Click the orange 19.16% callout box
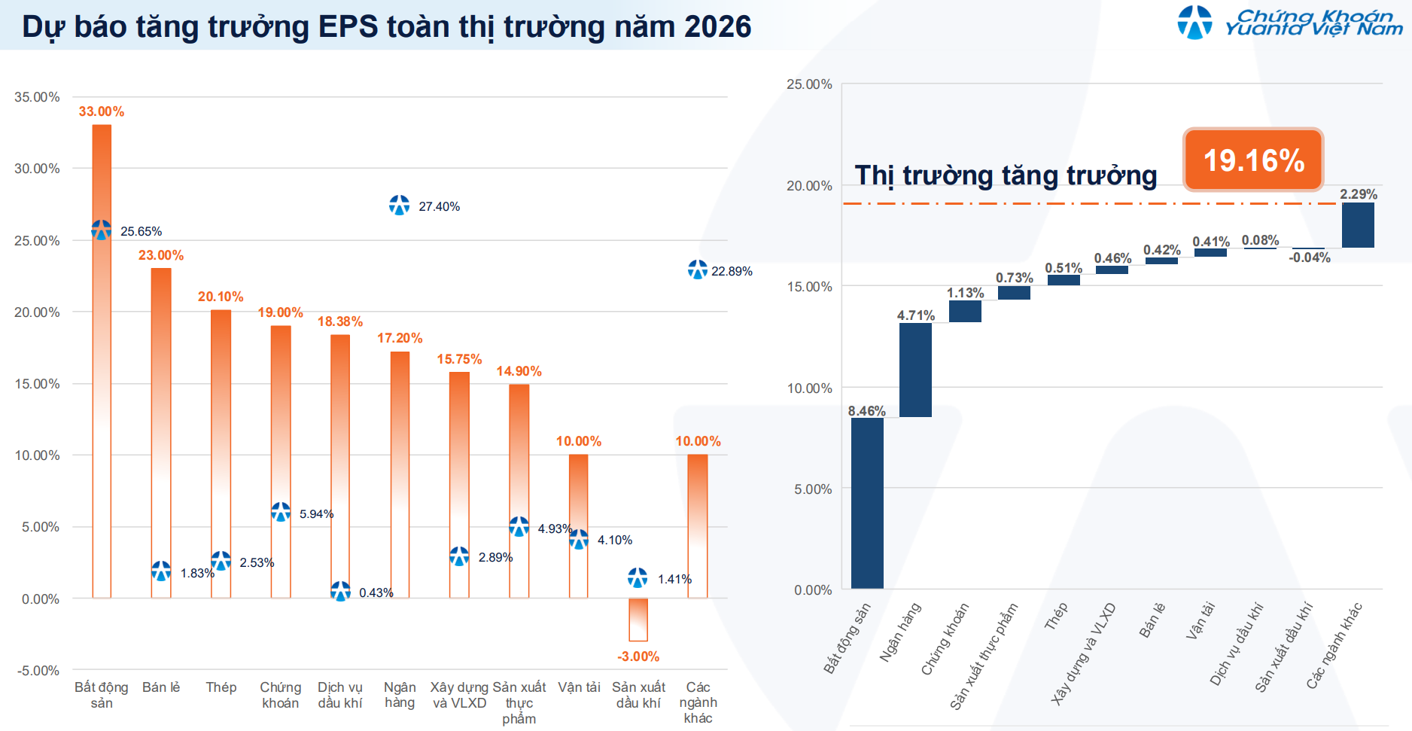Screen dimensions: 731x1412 pos(1252,160)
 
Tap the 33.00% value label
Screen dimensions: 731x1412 pos(101,111)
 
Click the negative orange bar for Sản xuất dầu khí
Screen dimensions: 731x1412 pos(638,620)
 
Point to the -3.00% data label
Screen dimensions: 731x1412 pos(638,656)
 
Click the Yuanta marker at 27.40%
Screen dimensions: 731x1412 pos(399,205)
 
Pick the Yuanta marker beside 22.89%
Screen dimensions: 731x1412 pos(697,270)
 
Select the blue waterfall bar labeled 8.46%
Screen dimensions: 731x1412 pos(867,503)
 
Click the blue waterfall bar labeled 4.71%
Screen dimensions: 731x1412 pos(915,370)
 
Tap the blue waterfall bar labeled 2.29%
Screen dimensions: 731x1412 pos(1358,225)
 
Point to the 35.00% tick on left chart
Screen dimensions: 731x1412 pos(37,97)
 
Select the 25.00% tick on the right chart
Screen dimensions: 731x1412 pos(809,84)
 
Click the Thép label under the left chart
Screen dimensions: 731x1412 pos(221,687)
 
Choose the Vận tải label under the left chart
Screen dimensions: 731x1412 pos(579,687)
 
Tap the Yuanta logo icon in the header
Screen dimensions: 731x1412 pos(1194,22)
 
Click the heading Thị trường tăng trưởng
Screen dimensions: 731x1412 pos(1006,175)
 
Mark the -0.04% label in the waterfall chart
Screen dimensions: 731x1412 pos(1309,257)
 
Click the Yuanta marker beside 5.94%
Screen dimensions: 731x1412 pos(281,512)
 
